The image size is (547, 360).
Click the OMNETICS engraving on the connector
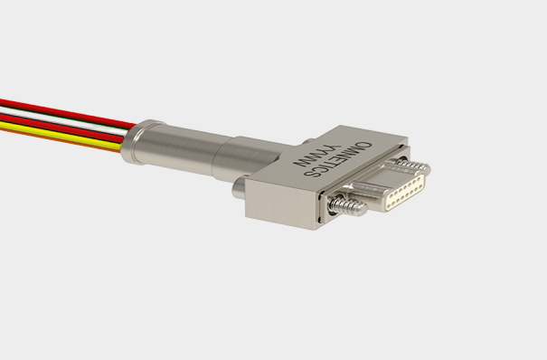[337, 158]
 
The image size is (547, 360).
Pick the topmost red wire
[66, 112]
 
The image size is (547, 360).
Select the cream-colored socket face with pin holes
[406, 192]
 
